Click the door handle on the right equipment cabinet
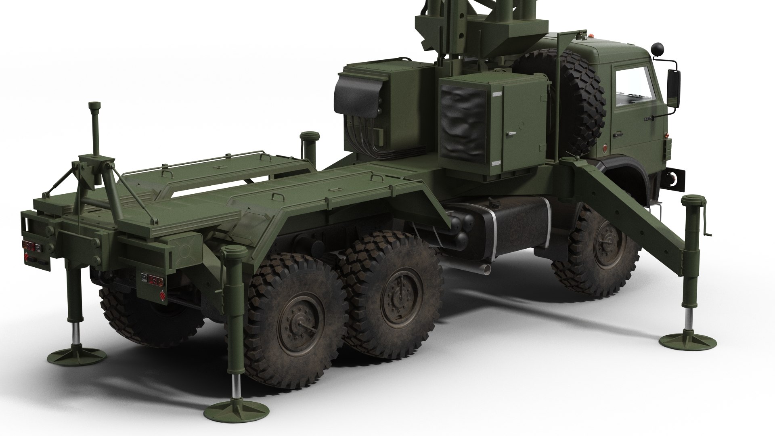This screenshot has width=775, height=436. click(x=511, y=133)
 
